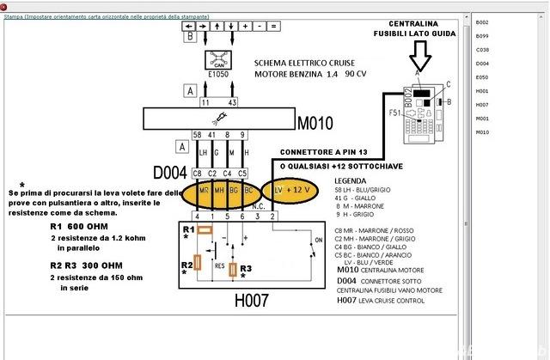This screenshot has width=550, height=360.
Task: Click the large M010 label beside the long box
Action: click(315, 119)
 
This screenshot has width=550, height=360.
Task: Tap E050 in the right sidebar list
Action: click(481, 76)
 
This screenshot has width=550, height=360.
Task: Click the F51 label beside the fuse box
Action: click(394, 113)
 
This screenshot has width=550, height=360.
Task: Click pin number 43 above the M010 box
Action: click(232, 101)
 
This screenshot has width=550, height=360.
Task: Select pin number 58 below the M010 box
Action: click(197, 134)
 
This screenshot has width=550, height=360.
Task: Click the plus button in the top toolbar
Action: click(246, 26)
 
